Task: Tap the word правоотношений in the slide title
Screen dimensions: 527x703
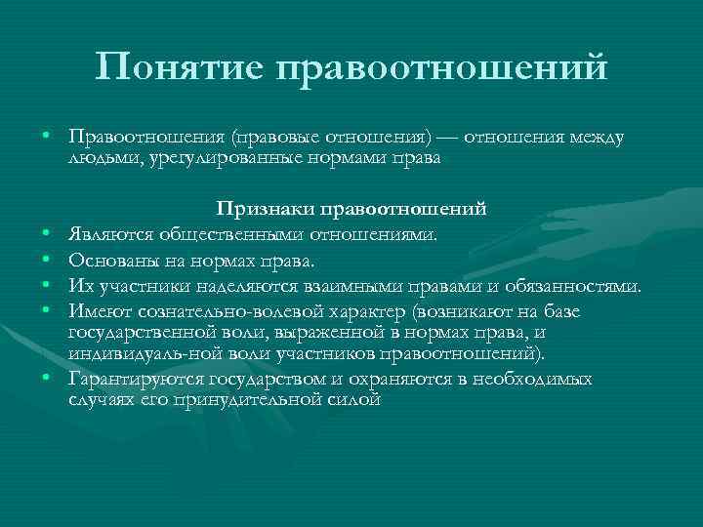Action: point(441,68)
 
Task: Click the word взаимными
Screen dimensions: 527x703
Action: point(346,287)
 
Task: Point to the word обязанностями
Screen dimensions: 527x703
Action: point(572,287)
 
